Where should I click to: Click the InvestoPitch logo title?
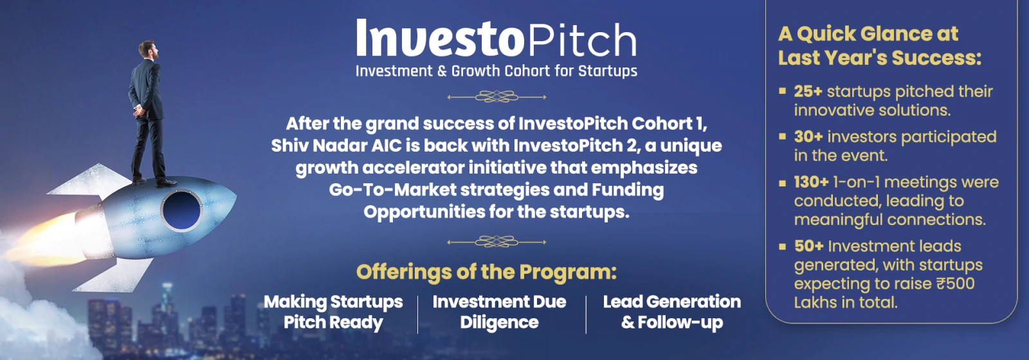coord(496,38)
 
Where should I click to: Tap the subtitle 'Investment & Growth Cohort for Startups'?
coord(496,71)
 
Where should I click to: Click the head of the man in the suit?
coord(148,50)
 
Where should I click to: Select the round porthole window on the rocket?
coord(181,210)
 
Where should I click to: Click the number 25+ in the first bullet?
coord(808,91)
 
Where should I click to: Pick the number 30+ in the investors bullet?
coord(808,137)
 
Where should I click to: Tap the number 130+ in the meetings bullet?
coord(811,183)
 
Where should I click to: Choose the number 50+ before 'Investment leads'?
coord(809,246)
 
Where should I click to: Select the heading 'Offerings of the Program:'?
coord(486,272)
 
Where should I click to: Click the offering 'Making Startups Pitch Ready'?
coord(333,312)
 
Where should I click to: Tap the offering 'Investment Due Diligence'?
coord(499,312)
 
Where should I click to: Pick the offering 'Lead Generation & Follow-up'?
coord(672,312)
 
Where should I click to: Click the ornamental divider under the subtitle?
coord(496,97)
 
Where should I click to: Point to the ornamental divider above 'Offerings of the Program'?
coord(496,242)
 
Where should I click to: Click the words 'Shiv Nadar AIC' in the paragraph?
coord(336,145)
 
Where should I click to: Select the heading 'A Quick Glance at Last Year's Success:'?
coord(879,46)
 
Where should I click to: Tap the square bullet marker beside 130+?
coord(782,183)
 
